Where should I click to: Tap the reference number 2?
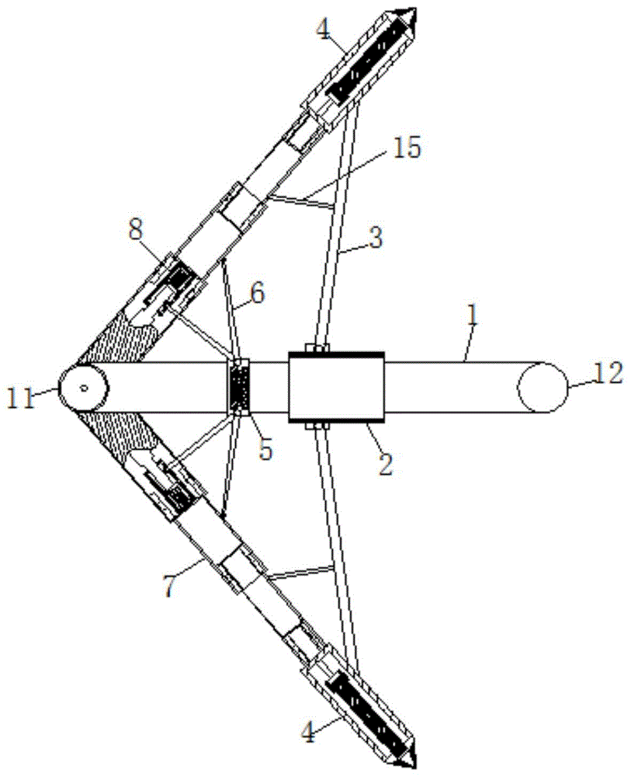click(x=386, y=464)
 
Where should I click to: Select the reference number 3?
click(x=376, y=237)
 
